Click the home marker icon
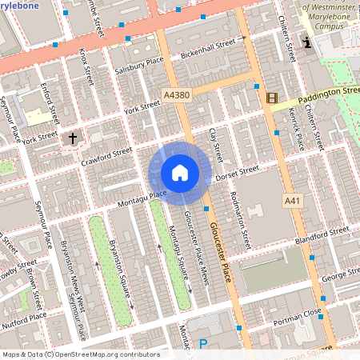[x=180, y=173]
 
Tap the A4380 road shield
[x=177, y=95]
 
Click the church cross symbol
[x=73, y=138]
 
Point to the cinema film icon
[x=272, y=99]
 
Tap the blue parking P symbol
[x=202, y=345]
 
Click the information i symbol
[x=306, y=42]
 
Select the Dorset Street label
[x=238, y=172]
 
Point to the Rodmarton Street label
[x=240, y=218]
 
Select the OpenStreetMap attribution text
[x=80, y=354]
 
